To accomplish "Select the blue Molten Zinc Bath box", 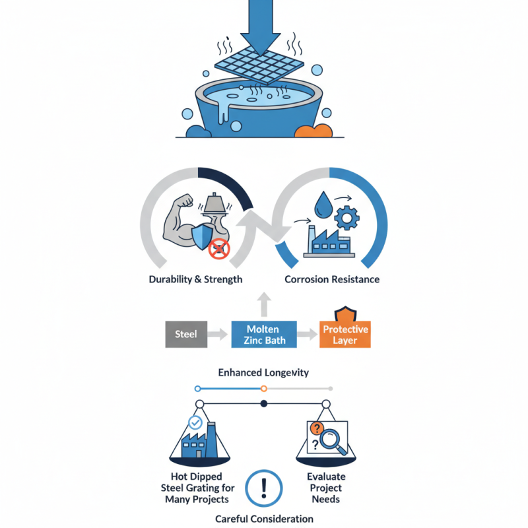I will [263, 335].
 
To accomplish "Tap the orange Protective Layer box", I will [345, 334].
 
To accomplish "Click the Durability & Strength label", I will [195, 279].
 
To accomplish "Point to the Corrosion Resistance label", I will [332, 279].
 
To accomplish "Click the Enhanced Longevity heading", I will [263, 373].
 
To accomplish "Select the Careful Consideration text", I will [263, 519].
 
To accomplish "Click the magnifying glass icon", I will [336, 441].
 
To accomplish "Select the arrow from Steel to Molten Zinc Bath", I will [218, 334].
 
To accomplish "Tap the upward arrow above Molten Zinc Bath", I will [263, 304].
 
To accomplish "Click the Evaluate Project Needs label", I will [326, 488].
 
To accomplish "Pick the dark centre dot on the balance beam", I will [263, 403].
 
